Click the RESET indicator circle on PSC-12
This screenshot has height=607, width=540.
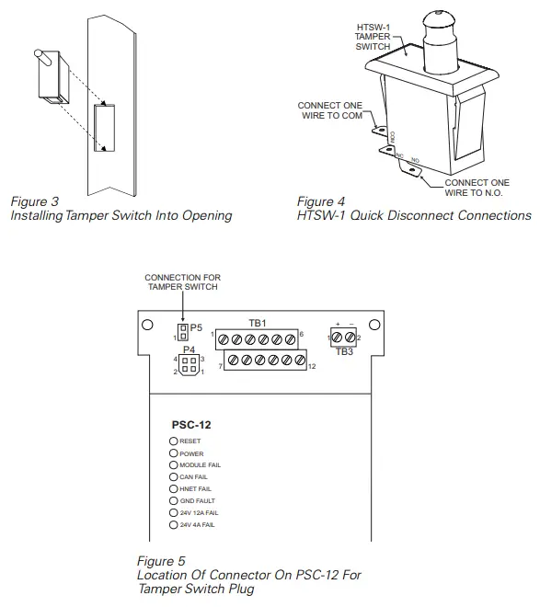point(173,441)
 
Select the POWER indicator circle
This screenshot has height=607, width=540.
point(173,453)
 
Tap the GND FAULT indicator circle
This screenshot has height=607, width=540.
point(173,500)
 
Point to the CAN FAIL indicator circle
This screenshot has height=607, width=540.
point(173,477)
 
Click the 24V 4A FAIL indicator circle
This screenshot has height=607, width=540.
point(173,524)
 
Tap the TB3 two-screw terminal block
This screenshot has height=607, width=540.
point(343,338)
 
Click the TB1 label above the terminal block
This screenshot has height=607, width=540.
point(258,324)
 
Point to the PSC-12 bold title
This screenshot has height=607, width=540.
point(191,426)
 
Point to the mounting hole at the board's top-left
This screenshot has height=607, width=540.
point(146,325)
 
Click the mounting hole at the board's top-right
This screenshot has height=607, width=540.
point(373,325)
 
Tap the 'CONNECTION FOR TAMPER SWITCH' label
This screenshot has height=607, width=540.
point(183,281)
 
